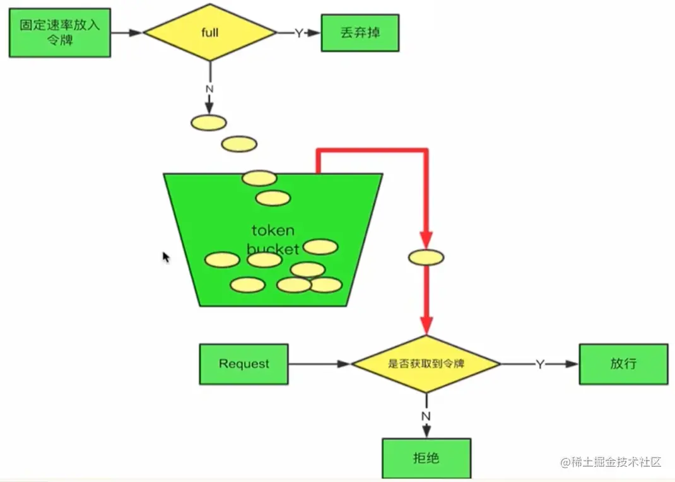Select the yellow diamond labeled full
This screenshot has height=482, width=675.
pyautogui.click(x=210, y=32)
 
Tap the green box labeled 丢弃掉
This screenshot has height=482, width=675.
pyautogui.click(x=360, y=32)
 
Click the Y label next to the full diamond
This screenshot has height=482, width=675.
pyautogui.click(x=299, y=33)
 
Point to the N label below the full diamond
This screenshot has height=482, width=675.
pyautogui.click(x=209, y=89)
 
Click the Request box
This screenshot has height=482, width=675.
pyautogui.click(x=244, y=364)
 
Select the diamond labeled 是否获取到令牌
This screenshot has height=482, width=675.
pyautogui.click(x=426, y=364)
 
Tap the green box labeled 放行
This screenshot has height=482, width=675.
pyautogui.click(x=623, y=364)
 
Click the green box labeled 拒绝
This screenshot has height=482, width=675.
pyautogui.click(x=426, y=458)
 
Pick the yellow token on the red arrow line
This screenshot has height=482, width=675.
pyautogui.click(x=426, y=257)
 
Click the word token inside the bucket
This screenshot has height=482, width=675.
pyautogui.click(x=273, y=230)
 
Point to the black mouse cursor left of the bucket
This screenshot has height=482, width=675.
pyautogui.click(x=166, y=257)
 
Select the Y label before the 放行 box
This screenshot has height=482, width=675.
pyautogui.click(x=540, y=365)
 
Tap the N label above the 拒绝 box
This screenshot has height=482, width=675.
pyautogui.click(x=426, y=416)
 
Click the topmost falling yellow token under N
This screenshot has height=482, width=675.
pyautogui.click(x=208, y=122)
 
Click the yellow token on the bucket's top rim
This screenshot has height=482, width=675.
pyautogui.click(x=259, y=178)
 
